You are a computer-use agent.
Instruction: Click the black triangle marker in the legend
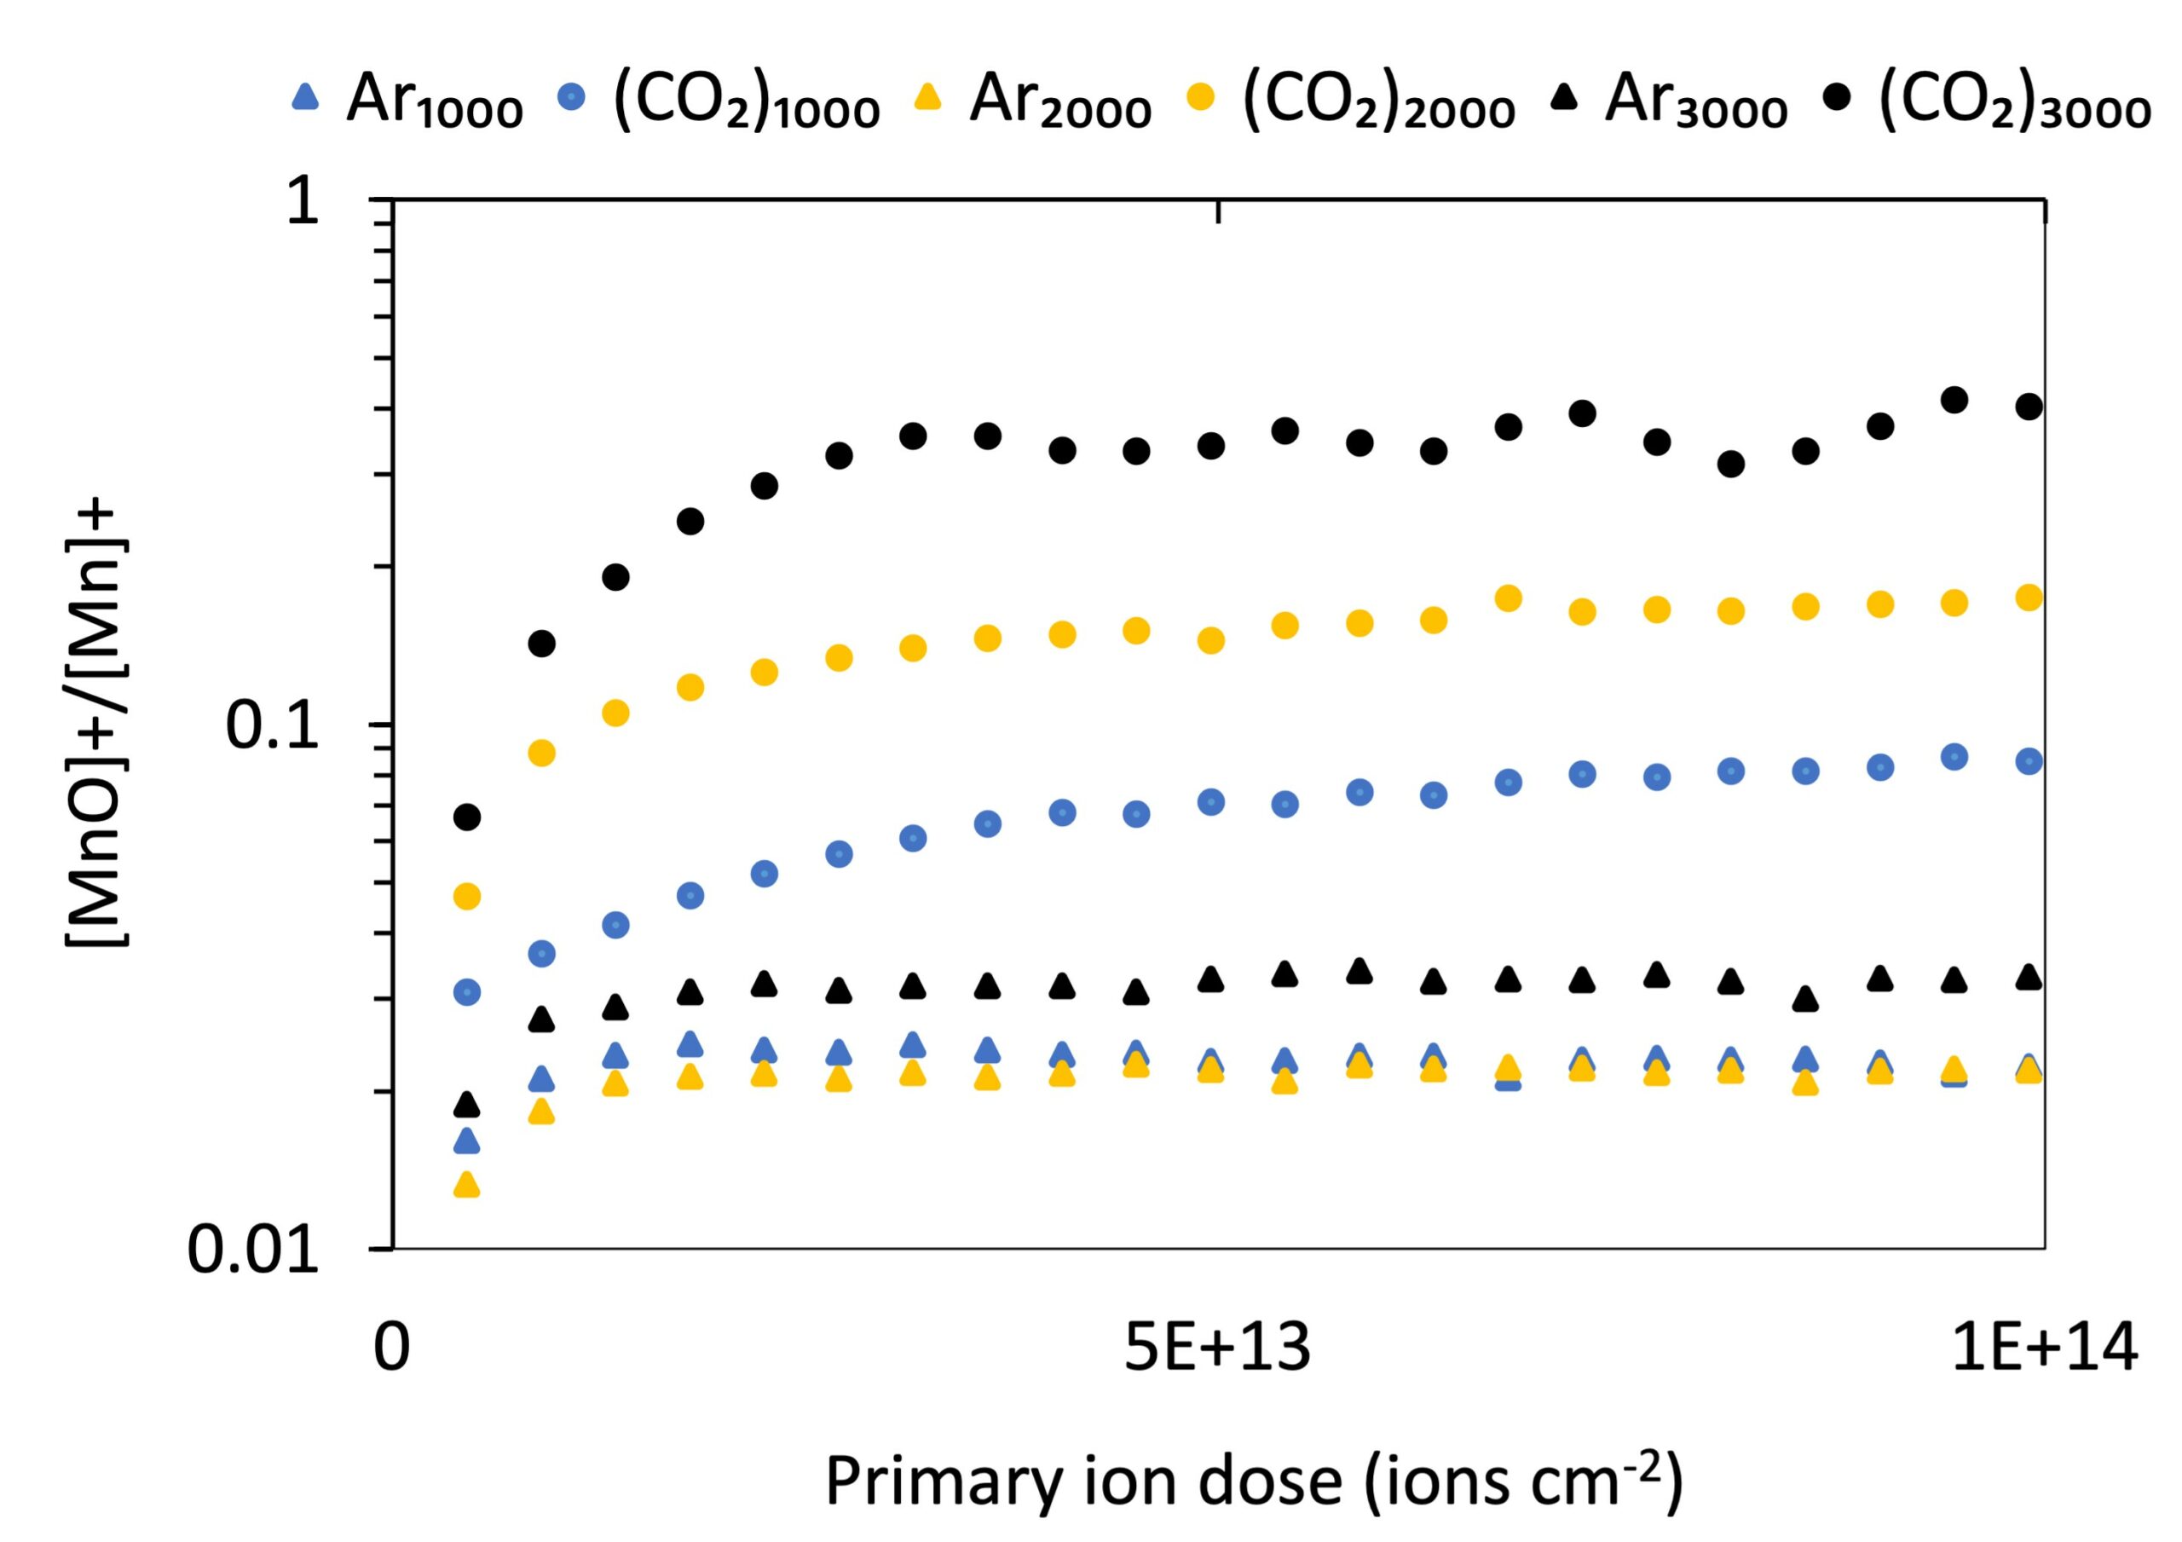pos(1564,98)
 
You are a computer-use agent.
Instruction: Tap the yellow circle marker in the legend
pos(1201,98)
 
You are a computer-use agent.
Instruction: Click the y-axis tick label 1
pos(303,201)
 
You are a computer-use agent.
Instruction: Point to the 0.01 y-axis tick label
pos(253,1250)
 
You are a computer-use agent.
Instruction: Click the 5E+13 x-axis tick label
pos(1217,1348)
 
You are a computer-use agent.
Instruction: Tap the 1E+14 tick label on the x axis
pos(2044,1348)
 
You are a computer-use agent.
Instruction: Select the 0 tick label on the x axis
pos(391,1348)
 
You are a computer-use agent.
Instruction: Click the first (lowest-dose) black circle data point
pos(466,817)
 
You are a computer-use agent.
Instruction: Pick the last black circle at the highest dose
pos(2028,407)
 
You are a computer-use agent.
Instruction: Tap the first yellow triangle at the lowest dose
pos(466,1185)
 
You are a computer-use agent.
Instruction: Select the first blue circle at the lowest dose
pos(466,992)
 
